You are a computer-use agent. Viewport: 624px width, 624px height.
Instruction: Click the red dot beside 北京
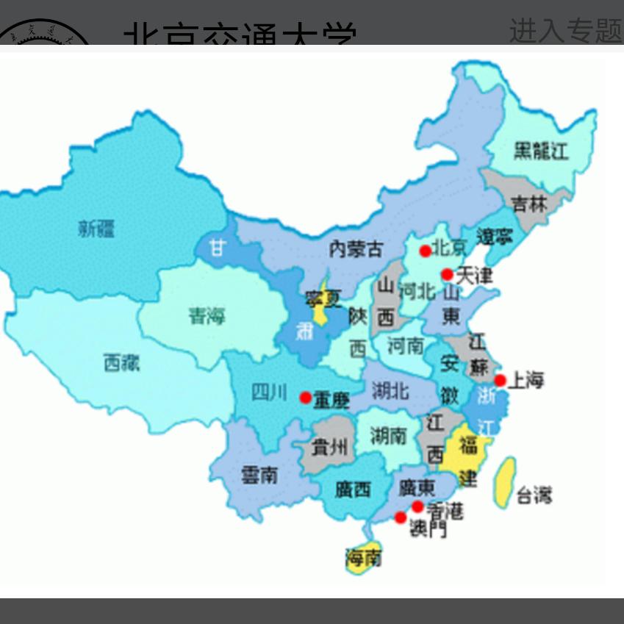[425, 251]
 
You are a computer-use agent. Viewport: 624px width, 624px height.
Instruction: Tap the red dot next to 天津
[447, 275]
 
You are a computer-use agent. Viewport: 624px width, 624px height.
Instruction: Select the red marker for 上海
[501, 380]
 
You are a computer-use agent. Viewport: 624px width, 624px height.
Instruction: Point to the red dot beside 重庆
[305, 398]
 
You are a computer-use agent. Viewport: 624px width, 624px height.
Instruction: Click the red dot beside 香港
[417, 506]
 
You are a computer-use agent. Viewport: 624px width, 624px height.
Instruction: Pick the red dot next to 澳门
[401, 517]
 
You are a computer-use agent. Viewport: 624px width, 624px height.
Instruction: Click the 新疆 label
[96, 229]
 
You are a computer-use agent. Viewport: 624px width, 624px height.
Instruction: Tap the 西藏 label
[121, 362]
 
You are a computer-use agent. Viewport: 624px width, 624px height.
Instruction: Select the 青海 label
[207, 317]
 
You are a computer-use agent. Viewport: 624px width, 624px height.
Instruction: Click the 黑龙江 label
[540, 152]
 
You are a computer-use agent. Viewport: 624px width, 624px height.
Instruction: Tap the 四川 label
[270, 392]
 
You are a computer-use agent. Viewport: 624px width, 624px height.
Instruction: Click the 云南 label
[259, 476]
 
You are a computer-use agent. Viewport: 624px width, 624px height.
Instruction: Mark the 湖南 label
[388, 436]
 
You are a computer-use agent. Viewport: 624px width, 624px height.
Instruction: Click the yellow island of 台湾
[505, 482]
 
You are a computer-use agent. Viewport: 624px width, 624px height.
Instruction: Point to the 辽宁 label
[494, 237]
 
